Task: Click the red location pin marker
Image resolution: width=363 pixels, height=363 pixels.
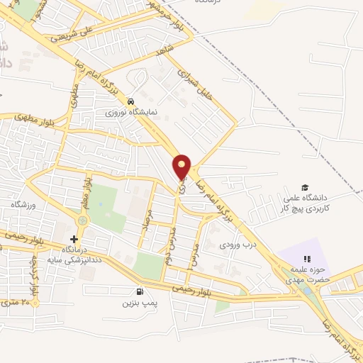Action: tap(182, 167)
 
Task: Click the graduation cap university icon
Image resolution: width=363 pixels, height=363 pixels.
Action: tap(306, 187)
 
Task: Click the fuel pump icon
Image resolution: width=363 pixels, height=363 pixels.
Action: tap(139, 291)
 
